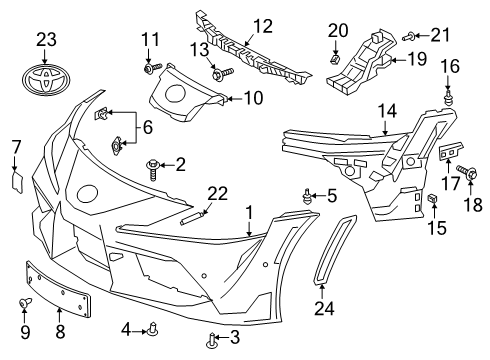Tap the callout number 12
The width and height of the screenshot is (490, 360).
click(x=263, y=26)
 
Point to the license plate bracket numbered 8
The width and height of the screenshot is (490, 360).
click(x=58, y=288)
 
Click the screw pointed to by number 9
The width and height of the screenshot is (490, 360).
click(x=25, y=303)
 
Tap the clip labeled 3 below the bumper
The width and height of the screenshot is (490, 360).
click(x=211, y=341)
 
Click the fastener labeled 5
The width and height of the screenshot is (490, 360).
click(x=307, y=196)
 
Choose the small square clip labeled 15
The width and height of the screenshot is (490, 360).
click(x=432, y=198)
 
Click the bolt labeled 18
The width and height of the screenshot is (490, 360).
click(x=467, y=172)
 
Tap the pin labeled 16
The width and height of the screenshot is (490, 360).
click(x=448, y=97)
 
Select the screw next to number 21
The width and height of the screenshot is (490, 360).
click(x=409, y=36)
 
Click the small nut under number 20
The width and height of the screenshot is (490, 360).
click(x=335, y=59)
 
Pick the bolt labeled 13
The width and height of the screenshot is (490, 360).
click(x=222, y=72)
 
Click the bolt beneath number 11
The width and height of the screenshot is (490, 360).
click(x=152, y=68)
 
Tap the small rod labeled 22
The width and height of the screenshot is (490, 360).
click(x=193, y=217)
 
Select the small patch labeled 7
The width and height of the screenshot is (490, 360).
click(x=17, y=182)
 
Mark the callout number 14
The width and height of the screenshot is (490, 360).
click(x=387, y=111)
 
